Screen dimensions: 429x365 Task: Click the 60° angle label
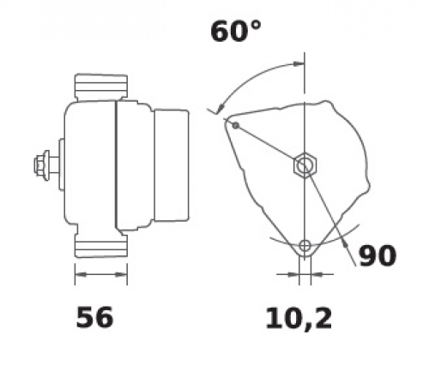[x=236, y=31]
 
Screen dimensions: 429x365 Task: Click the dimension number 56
[x=94, y=317]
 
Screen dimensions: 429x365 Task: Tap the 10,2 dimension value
[x=299, y=319]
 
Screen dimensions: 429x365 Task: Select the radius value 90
[x=378, y=255]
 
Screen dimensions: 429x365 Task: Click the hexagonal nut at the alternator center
[x=305, y=165]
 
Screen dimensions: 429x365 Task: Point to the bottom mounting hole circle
[x=305, y=245]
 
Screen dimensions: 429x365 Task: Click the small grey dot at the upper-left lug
[x=235, y=125]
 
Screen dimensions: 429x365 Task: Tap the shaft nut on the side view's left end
[x=42, y=165]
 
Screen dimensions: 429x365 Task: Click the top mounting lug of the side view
[x=101, y=87]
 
